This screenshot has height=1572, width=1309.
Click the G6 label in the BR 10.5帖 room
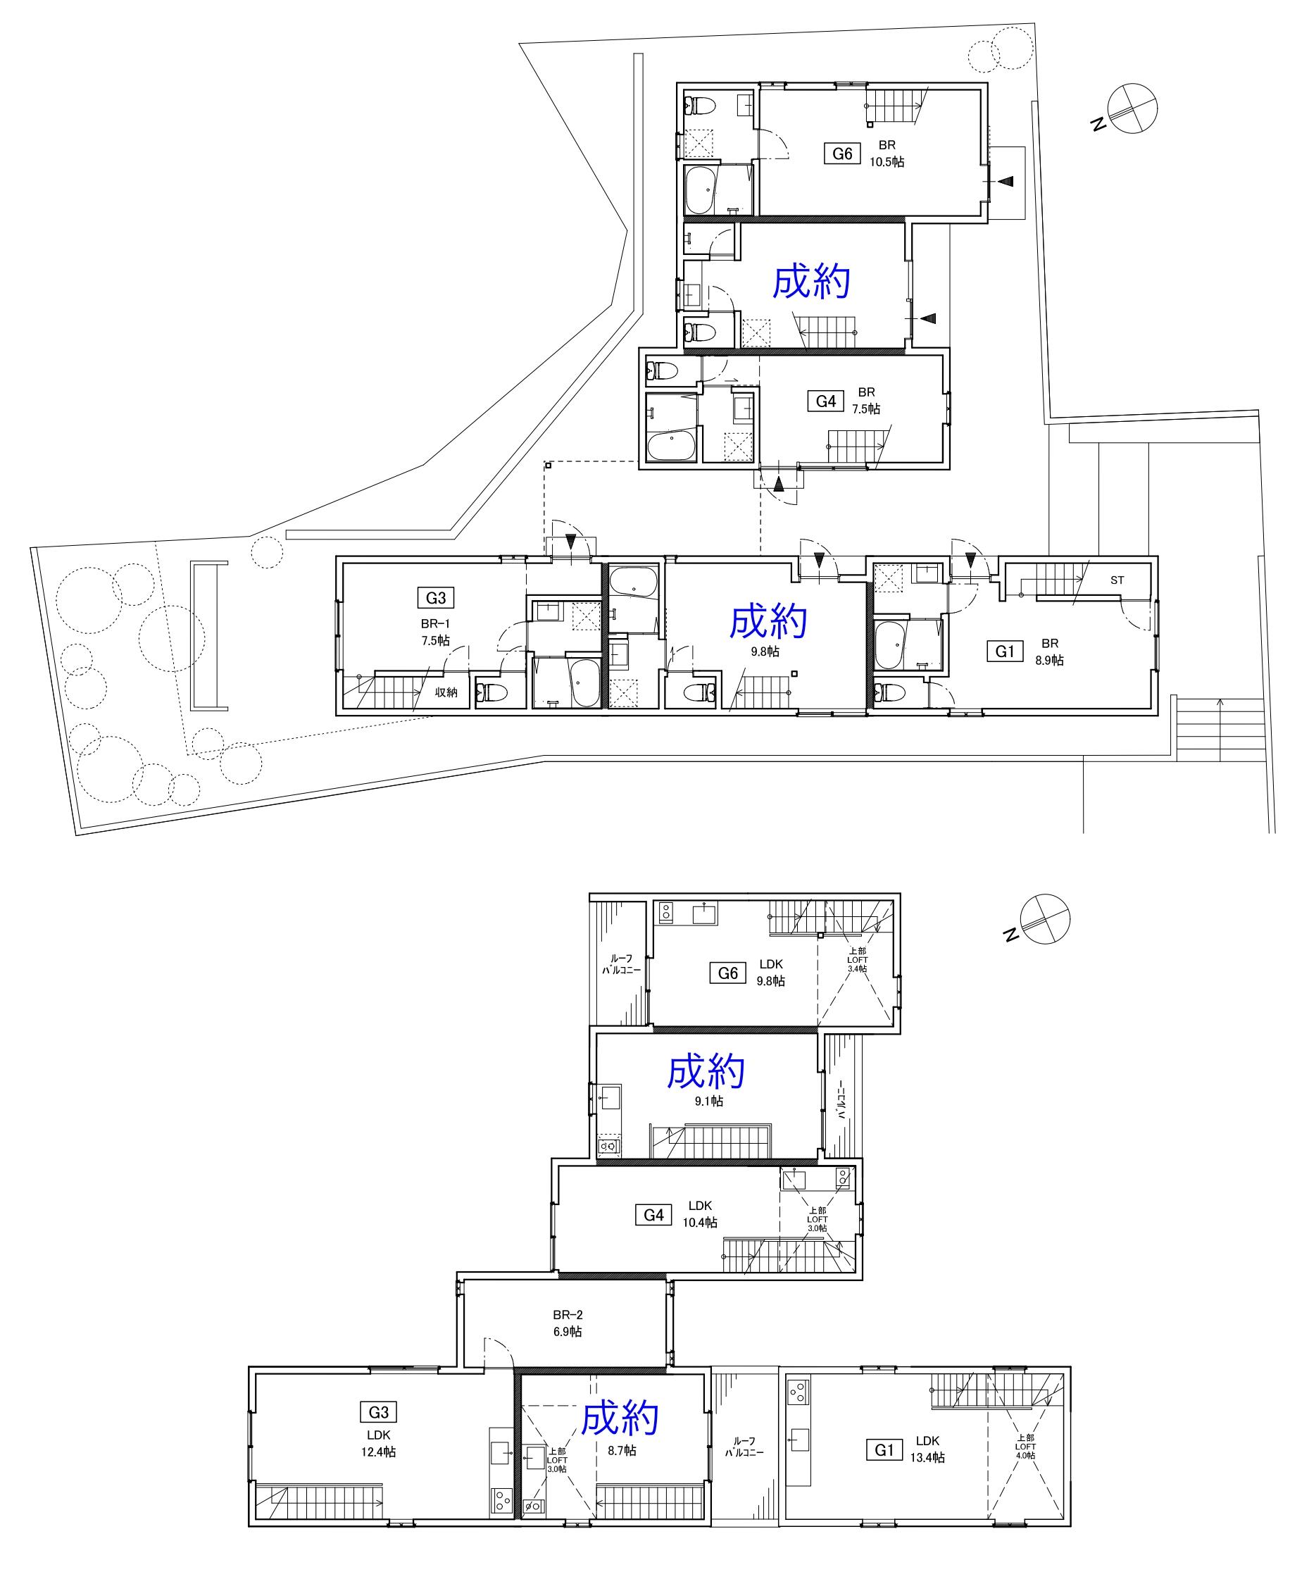(x=842, y=154)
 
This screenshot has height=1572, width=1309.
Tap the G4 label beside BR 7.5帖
(x=825, y=401)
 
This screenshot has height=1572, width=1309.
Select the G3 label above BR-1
(x=436, y=597)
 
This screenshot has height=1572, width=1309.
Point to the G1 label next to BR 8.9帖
(x=1004, y=652)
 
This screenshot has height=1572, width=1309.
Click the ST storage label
(x=1117, y=580)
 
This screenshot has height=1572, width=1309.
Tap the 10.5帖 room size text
(x=887, y=161)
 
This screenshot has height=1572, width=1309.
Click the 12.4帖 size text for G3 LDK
(x=379, y=1452)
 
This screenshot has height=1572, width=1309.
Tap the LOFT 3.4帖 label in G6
(x=858, y=960)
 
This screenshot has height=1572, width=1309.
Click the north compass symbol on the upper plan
(x=1132, y=108)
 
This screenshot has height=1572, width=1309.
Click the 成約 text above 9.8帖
(x=769, y=621)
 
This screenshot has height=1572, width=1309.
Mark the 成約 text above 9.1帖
(x=706, y=1072)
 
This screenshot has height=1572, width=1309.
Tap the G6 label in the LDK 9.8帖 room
(x=727, y=973)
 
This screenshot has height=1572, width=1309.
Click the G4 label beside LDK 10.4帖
(x=653, y=1215)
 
